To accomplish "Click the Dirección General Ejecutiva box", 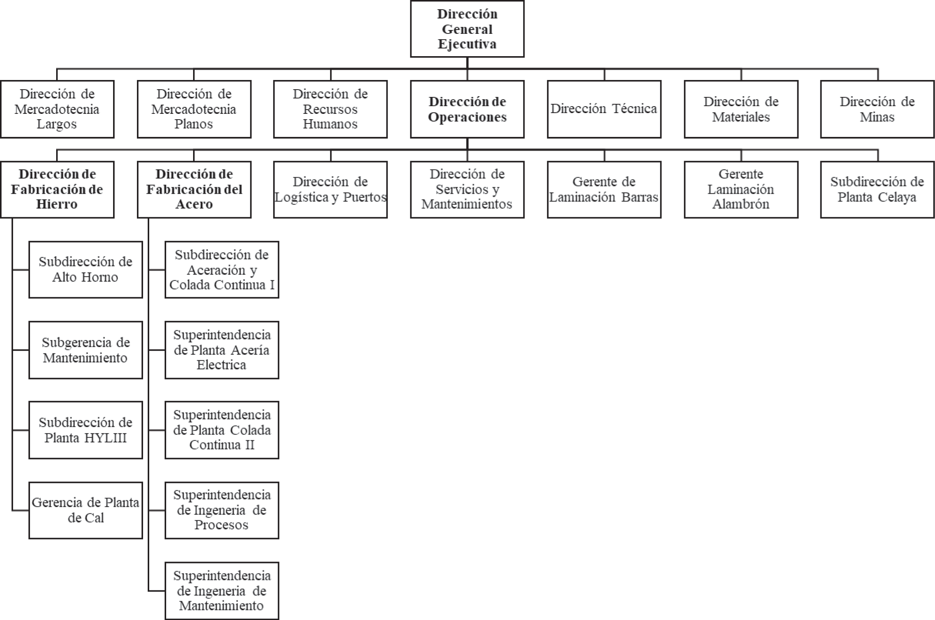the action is point(467,29).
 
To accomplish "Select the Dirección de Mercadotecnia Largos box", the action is point(57,109).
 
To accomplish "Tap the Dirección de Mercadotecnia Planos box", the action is point(194,109).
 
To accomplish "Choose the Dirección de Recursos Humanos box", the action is point(330,109).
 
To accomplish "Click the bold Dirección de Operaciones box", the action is point(467,109).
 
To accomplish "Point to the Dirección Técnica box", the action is point(604,109).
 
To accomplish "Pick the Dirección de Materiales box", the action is point(741,109).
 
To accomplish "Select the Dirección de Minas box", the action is point(877,109).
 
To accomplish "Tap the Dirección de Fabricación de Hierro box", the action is point(57,189).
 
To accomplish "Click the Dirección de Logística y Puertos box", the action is point(330,189).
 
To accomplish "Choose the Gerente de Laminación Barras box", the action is point(604,189).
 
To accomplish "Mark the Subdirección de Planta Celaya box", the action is point(877,189).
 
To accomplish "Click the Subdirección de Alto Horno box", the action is point(85,270).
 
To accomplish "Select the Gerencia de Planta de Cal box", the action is point(85,510).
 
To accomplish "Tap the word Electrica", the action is point(222,365).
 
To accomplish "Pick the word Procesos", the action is point(222,525).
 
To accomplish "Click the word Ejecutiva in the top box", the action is point(467,44).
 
